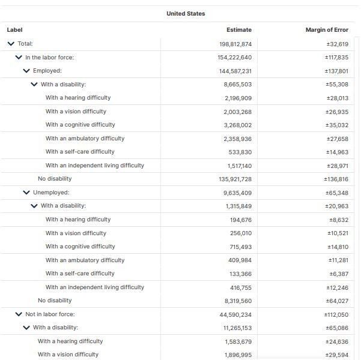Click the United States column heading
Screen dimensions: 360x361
(x=186, y=14)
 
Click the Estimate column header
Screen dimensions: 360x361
(x=239, y=30)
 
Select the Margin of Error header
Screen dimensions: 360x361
(x=327, y=30)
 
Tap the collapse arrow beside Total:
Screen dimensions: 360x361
(x=11, y=44)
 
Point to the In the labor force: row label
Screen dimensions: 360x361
(x=49, y=58)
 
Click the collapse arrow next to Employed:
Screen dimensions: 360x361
(x=26, y=71)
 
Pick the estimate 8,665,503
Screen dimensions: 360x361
(x=238, y=85)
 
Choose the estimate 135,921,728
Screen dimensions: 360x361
(x=235, y=179)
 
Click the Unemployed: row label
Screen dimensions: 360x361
(x=51, y=193)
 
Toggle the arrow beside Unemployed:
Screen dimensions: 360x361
(x=26, y=193)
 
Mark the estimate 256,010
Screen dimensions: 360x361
(x=240, y=233)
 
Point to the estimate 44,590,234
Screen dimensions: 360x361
(x=236, y=314)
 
